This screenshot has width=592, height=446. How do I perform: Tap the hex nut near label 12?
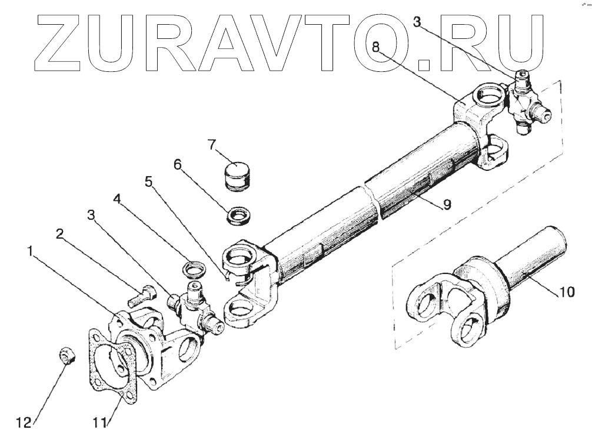[66, 355]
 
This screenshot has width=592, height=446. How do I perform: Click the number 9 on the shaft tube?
[447, 204]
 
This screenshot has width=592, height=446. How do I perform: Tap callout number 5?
[149, 183]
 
